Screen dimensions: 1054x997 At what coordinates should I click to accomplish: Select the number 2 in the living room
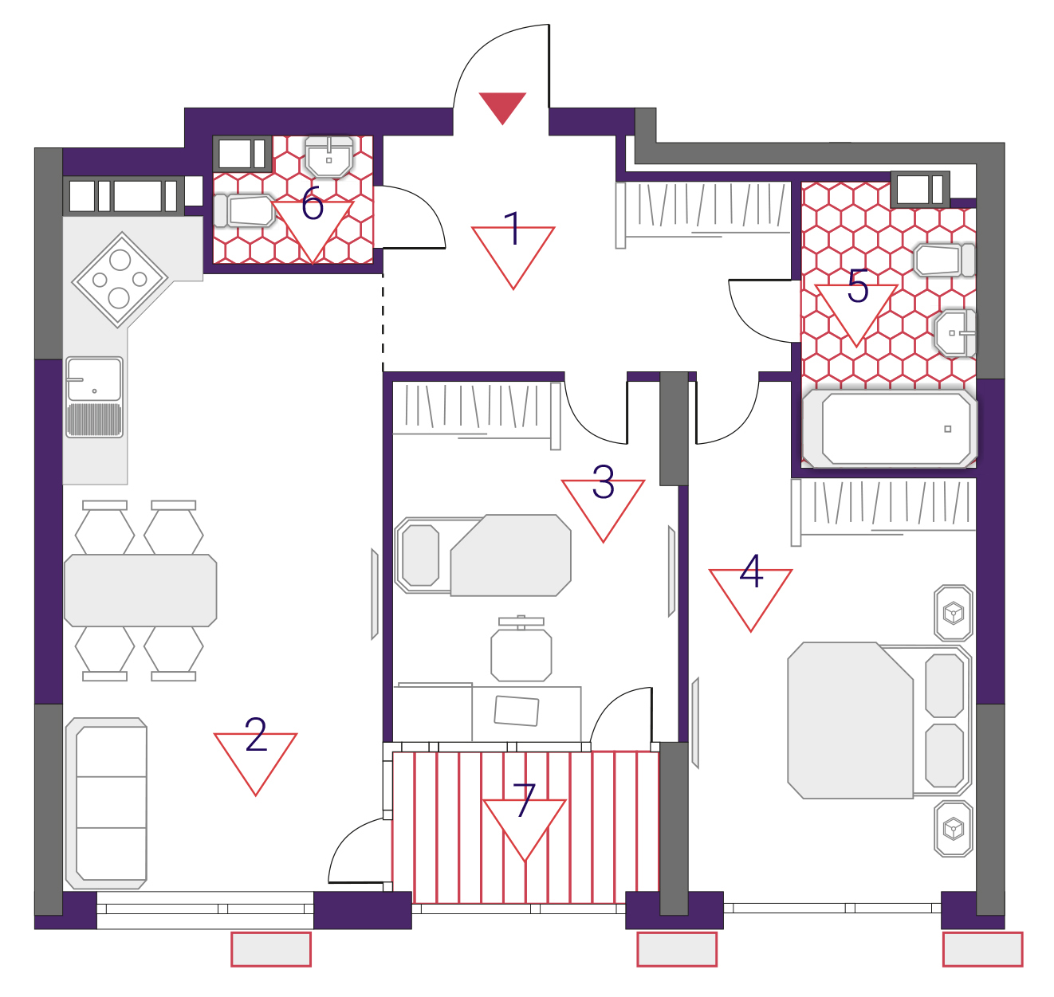point(256,734)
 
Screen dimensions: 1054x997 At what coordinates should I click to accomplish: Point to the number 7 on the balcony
point(525,799)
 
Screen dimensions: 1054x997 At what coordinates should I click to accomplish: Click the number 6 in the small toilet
point(313,203)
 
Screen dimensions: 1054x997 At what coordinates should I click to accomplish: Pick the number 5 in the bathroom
point(858,285)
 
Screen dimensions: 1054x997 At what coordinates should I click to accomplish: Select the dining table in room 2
point(140,591)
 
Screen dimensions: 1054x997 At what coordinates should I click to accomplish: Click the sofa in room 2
point(106,803)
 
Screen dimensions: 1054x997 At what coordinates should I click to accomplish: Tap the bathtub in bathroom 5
point(890,429)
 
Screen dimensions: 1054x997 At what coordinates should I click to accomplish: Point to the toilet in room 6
point(245,210)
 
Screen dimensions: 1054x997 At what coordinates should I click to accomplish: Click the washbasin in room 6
point(329,156)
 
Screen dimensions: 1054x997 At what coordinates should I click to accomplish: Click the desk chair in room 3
point(521,649)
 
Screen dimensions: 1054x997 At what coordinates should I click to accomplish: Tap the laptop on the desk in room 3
point(517,711)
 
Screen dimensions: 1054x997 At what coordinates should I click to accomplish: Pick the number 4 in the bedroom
point(751,571)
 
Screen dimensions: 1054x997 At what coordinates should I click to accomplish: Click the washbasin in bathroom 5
point(955,333)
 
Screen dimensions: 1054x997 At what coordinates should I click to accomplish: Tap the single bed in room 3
point(483,555)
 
